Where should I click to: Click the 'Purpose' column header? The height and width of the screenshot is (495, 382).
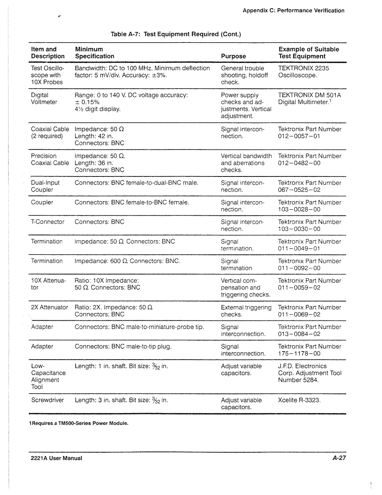[233, 56]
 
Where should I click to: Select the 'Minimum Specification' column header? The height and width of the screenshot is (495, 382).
[94, 53]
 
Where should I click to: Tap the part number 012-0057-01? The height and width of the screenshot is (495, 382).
[299, 136]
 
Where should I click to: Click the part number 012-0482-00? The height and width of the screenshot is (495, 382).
[299, 163]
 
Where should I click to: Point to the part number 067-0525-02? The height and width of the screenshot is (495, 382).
[299, 190]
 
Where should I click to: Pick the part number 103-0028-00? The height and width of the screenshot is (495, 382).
[299, 209]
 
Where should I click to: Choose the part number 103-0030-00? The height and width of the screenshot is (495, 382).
[299, 229]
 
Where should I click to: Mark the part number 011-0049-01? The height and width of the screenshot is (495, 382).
[299, 248]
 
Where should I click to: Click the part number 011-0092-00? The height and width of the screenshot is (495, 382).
[299, 268]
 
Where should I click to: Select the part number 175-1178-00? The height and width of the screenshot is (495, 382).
[299, 354]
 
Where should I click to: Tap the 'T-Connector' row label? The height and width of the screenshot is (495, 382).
[47, 222]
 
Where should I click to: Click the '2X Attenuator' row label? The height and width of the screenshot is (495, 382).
[49, 307]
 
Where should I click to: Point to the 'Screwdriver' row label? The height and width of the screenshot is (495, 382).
[47, 400]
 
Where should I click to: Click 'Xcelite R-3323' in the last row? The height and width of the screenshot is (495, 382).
[299, 400]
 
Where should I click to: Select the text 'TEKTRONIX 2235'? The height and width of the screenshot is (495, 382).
[303, 68]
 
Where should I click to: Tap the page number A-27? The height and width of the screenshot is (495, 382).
[338, 458]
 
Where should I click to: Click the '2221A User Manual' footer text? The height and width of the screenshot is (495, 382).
[56, 458]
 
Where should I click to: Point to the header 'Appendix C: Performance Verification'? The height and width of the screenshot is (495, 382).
[293, 11]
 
